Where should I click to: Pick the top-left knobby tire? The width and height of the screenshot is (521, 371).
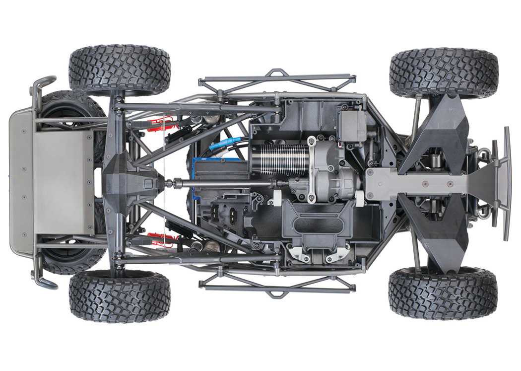click(120, 70)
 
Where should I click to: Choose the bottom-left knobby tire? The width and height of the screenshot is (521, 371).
click(120, 296)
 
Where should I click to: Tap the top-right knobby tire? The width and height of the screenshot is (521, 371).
click(444, 73)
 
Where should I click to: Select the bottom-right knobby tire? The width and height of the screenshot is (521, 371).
click(443, 293)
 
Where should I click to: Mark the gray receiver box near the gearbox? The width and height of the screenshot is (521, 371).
click(352, 125)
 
